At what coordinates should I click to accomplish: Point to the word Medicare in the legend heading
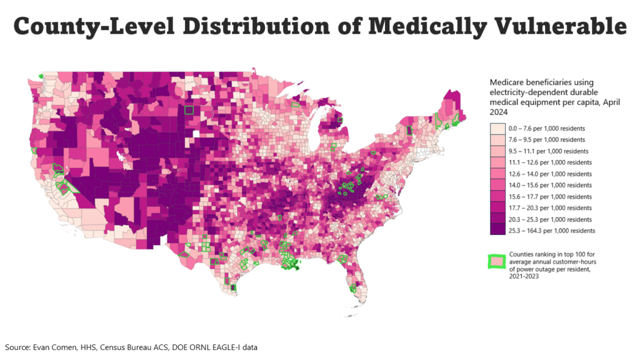tap(507, 82)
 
